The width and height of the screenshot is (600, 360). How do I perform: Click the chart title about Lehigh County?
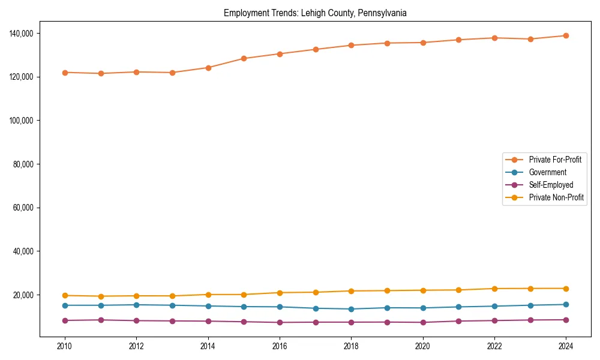pyautogui.click(x=315, y=13)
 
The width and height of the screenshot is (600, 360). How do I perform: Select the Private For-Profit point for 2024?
pyautogui.click(x=566, y=35)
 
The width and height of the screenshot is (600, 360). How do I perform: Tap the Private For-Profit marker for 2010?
pyautogui.click(x=65, y=73)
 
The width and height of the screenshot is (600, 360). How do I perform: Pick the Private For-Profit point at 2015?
pyautogui.click(x=244, y=58)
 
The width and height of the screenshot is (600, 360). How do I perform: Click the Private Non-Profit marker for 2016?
pyautogui.click(x=280, y=293)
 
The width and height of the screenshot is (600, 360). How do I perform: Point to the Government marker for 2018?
pyautogui.click(x=351, y=309)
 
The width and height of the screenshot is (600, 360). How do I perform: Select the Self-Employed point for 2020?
pyautogui.click(x=422, y=322)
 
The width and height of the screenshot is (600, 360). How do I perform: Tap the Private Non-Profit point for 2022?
pyautogui.click(x=494, y=289)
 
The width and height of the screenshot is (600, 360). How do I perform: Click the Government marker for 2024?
pyautogui.click(x=566, y=304)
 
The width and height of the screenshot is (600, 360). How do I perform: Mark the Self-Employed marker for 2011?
pyautogui.click(x=101, y=320)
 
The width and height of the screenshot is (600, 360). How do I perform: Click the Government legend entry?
pyautogui.click(x=547, y=172)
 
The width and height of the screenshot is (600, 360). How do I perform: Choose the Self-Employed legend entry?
pyautogui.click(x=551, y=185)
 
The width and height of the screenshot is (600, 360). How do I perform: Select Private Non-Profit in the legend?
pyautogui.click(x=556, y=197)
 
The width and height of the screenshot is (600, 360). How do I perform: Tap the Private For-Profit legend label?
pyautogui.click(x=555, y=160)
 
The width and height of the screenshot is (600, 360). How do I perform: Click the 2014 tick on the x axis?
pyautogui.click(x=208, y=346)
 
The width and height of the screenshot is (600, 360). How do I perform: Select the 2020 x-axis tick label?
pyautogui.click(x=422, y=346)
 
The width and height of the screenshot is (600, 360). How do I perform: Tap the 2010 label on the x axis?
pyautogui.click(x=65, y=346)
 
